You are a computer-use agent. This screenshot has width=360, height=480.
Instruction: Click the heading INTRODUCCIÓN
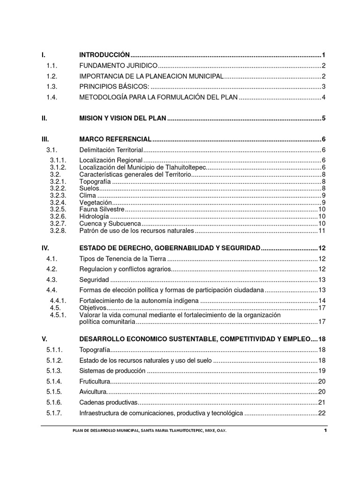pos(104,55)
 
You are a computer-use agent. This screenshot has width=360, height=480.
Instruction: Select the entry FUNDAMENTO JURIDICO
pos(119,65)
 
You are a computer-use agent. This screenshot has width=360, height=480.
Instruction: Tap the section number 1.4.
pos(51,97)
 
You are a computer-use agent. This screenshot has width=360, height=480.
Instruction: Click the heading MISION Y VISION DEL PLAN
pos(122,119)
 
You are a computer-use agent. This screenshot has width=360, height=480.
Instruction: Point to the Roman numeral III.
pos(45,139)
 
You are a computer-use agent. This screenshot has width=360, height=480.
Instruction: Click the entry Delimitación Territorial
pos(111,150)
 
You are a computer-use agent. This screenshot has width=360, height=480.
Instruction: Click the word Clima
pos(88,195)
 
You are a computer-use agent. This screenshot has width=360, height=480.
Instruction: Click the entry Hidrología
pos(94,217)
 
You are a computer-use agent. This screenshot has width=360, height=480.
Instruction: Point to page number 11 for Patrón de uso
pos(322,231)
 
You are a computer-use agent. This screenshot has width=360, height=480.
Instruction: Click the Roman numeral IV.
pos(45,247)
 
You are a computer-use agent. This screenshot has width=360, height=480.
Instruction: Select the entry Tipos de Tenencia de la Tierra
pos(123,259)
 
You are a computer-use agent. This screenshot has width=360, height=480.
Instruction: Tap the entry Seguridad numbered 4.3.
pos(94,280)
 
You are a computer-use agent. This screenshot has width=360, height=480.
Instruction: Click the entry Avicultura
pos(93,392)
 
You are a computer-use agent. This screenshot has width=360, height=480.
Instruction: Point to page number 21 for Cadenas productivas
pos(322,403)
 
